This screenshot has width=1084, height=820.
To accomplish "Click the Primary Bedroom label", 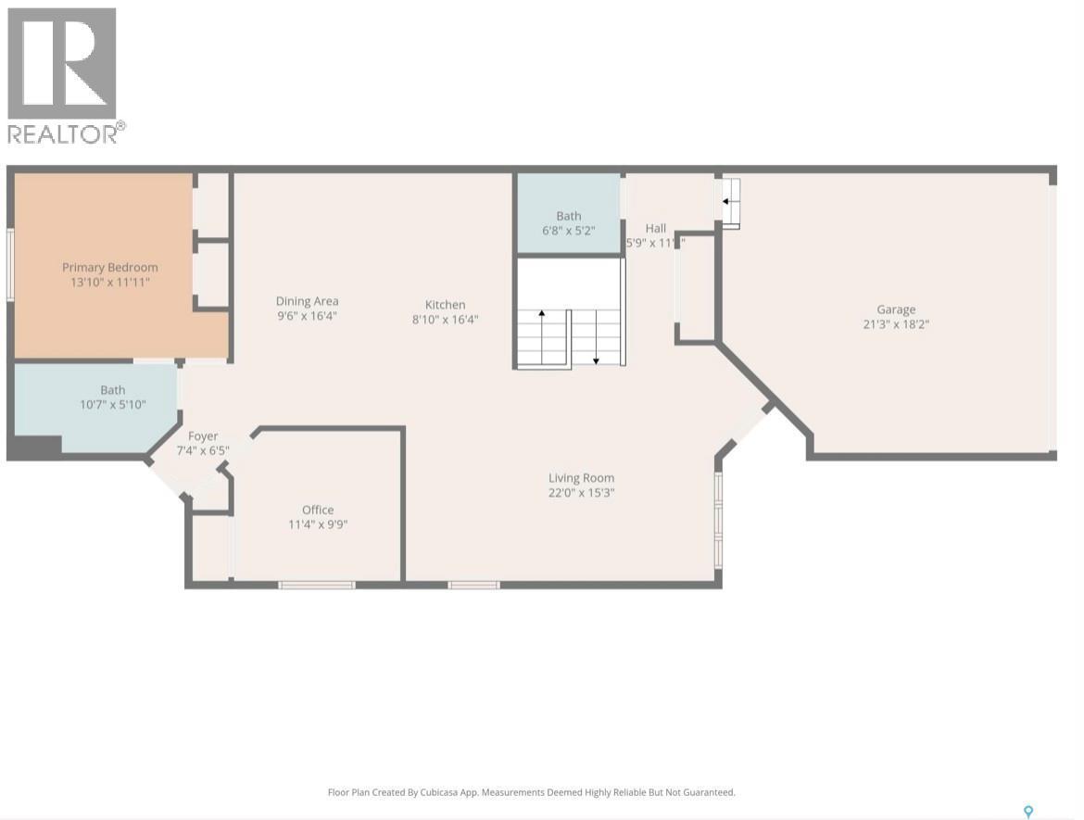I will coord(109,268).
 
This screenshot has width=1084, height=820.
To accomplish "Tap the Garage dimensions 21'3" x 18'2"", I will coord(896,324).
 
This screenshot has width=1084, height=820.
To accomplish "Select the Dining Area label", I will coord(307,301).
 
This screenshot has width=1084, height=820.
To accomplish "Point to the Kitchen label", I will coord(445,305).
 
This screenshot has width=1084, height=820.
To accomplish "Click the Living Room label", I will coord(581,478).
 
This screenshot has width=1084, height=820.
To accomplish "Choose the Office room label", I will coord(318,510).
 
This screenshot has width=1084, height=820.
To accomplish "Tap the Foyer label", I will coord(203,436).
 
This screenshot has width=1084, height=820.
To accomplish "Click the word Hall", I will coord(656,228).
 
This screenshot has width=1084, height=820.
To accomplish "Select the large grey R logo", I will coord(62,63).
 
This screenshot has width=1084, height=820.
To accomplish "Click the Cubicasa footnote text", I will coord(531,792).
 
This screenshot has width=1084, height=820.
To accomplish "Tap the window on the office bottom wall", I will coord(317,585).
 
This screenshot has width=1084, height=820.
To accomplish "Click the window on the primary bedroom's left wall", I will coord(10,265).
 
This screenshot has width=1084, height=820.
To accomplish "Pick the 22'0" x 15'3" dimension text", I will coord(581,493).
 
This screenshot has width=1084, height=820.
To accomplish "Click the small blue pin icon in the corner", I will coord(1027,812).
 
